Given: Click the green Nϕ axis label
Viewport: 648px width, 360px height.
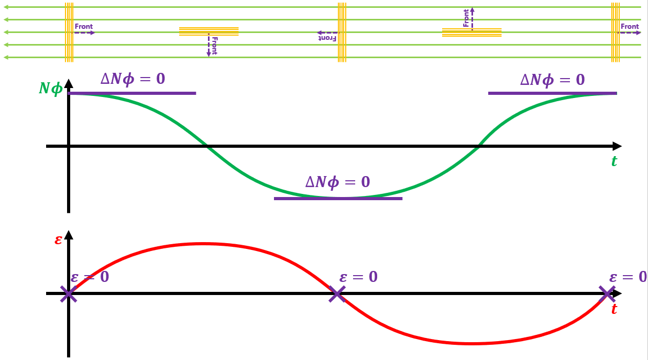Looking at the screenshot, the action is [x=50, y=89].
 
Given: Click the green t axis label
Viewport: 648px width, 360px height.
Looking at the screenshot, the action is [x=614, y=161].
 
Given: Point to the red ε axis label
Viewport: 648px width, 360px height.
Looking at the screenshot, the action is [x=58, y=240].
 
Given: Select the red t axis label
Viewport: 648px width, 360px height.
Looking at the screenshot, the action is [x=614, y=309].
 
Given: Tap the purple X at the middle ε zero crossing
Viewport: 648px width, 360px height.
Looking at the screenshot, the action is [x=337, y=294].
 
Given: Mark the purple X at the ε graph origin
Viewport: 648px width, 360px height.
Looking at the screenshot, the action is [x=69, y=294].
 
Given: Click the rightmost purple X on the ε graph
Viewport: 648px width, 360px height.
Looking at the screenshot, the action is [x=607, y=294].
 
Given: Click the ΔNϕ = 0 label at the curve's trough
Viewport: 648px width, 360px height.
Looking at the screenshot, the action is [x=337, y=182].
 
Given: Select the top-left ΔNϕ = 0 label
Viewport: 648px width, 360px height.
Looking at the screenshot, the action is [x=133, y=79].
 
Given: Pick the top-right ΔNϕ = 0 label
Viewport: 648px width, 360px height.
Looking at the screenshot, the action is [x=552, y=80].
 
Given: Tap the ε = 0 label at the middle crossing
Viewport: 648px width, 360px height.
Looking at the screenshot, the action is [x=358, y=277].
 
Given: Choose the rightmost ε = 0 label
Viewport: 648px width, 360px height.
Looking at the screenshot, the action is [x=628, y=277].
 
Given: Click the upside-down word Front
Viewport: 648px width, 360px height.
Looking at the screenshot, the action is [x=327, y=38].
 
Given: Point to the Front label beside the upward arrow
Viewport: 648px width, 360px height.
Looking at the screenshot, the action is [x=466, y=18].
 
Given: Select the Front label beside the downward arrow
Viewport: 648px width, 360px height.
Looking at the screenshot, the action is [x=214, y=46].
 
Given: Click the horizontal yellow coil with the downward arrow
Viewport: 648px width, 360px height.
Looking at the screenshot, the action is [x=208, y=31].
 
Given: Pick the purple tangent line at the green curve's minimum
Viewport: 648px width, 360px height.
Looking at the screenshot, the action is [x=338, y=199].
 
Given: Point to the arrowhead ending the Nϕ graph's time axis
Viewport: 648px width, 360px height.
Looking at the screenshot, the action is [x=617, y=146].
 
